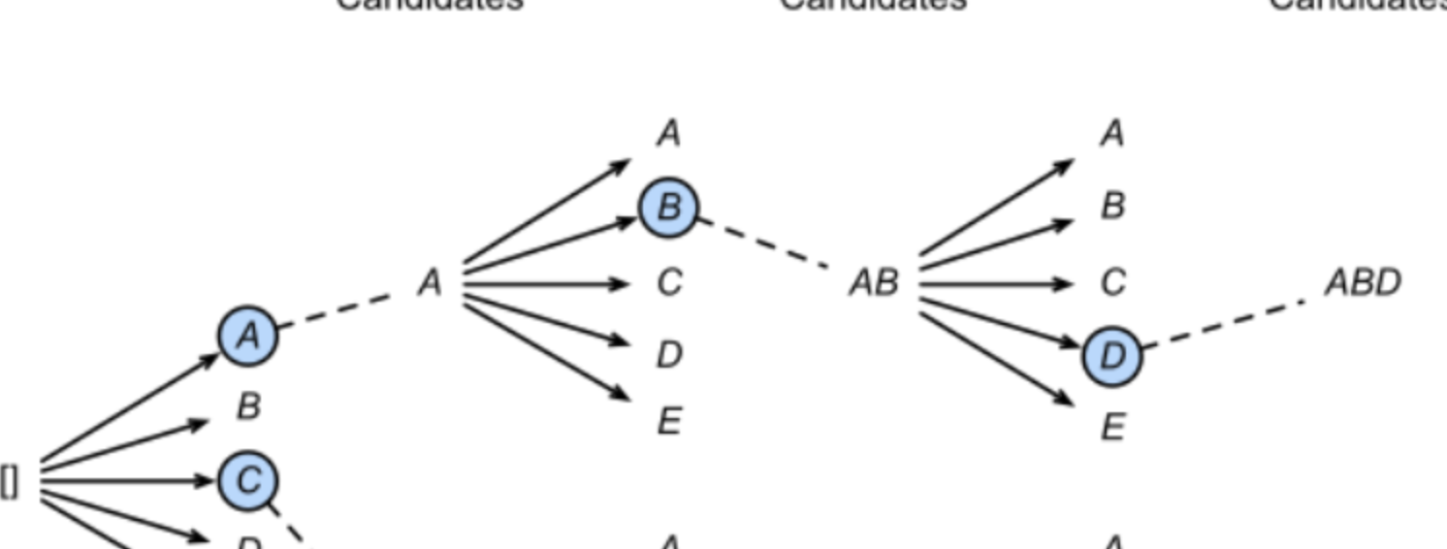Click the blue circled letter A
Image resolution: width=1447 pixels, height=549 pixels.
[x=248, y=336]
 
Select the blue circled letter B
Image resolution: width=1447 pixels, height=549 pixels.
[x=668, y=207]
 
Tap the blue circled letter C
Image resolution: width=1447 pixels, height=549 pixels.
[x=248, y=479]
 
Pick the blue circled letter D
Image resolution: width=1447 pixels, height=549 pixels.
[x=1112, y=356]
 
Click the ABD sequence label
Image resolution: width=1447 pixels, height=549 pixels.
[x=1363, y=283]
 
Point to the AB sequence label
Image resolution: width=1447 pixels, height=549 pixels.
[x=874, y=283]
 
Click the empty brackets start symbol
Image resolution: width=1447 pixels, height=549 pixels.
[x=10, y=481]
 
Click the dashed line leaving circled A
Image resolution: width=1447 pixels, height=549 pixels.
[x=336, y=308]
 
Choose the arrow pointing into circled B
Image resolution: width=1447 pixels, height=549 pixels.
[x=549, y=242]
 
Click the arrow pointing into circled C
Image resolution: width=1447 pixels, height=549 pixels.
[x=126, y=479]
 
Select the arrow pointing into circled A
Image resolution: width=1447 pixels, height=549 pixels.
[x=131, y=406]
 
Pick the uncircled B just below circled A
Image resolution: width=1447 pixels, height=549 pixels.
[x=248, y=406]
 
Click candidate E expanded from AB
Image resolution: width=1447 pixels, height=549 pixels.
[x=1112, y=426]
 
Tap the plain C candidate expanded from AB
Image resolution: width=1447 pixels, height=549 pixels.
[x=1112, y=283]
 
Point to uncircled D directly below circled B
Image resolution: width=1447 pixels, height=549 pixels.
[x=668, y=356]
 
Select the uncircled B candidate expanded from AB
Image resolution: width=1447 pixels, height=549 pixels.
[x=1112, y=207]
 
